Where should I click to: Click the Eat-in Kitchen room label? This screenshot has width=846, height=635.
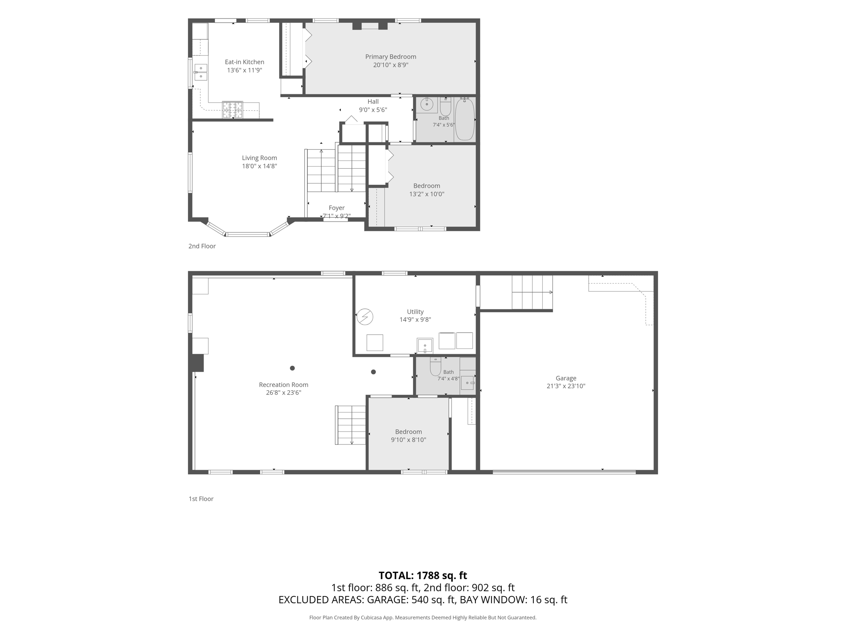(245, 62)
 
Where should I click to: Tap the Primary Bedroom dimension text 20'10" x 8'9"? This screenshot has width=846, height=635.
(391, 65)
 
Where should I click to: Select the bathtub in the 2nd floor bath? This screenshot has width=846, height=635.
(465, 119)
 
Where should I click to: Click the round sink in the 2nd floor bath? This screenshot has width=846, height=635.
(427, 104)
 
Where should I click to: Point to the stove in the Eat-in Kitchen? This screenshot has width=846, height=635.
(233, 110)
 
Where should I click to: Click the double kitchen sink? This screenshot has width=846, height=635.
(201, 72)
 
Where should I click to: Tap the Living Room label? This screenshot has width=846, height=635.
(259, 158)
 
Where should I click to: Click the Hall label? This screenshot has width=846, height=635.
(373, 102)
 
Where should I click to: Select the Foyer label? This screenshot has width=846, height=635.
(337, 208)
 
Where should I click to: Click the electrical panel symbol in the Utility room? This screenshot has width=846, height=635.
(365, 317)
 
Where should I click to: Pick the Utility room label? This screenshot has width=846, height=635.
(415, 312)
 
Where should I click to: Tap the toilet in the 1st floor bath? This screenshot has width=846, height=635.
(435, 366)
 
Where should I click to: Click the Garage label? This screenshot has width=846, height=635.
(566, 378)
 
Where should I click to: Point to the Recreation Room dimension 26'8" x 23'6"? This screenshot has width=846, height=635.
(284, 393)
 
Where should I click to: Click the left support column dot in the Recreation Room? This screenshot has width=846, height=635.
(292, 368)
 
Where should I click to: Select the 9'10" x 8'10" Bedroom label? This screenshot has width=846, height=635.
(409, 432)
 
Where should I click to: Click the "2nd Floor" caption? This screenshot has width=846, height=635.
(202, 246)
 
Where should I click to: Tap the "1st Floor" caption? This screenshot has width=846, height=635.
(201, 499)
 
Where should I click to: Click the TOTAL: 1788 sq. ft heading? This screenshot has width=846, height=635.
(423, 575)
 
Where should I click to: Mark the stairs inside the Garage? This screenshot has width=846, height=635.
(532, 292)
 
